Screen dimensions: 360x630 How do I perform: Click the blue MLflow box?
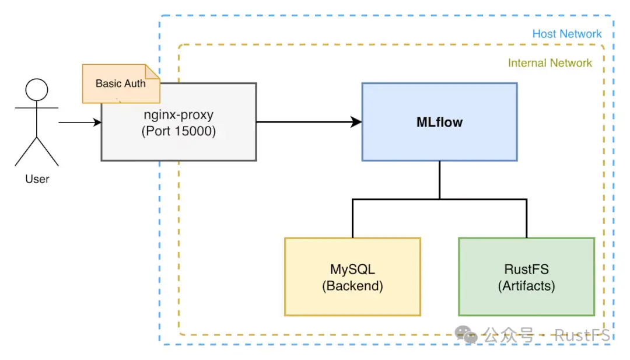coord(439,121)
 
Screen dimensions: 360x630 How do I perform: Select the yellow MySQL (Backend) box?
coord(352,277)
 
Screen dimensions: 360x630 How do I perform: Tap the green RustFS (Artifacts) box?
coord(526,277)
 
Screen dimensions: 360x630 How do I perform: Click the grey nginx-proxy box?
coord(178,131)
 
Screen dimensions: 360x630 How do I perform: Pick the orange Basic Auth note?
coord(120,83)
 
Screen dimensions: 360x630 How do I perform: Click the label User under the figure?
coord(37,179)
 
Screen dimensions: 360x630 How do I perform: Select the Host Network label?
coord(566,34)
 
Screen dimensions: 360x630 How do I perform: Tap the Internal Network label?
coord(549,63)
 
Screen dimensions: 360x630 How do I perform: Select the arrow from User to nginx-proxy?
coord(80,123)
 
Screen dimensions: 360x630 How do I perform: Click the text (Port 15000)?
coord(178,131)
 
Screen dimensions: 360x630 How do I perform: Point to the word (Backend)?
coord(352,286)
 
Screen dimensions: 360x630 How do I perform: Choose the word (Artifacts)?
coord(526,286)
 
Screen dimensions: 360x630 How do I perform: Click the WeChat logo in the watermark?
coord(466,334)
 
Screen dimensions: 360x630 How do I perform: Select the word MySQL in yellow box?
coord(352,270)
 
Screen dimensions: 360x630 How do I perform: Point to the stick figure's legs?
coord(37,152)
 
